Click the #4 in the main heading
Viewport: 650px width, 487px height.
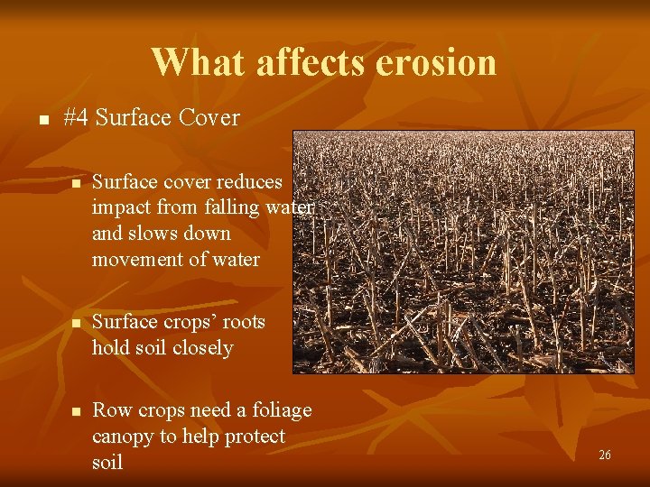click(x=77, y=118)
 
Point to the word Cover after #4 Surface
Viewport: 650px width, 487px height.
click(x=209, y=118)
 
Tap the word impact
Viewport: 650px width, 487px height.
click(x=121, y=208)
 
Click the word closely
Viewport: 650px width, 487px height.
click(x=201, y=348)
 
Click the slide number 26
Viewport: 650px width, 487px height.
click(x=605, y=455)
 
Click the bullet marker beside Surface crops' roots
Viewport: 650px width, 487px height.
click(x=76, y=323)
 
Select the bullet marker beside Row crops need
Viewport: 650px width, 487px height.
click(x=76, y=411)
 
